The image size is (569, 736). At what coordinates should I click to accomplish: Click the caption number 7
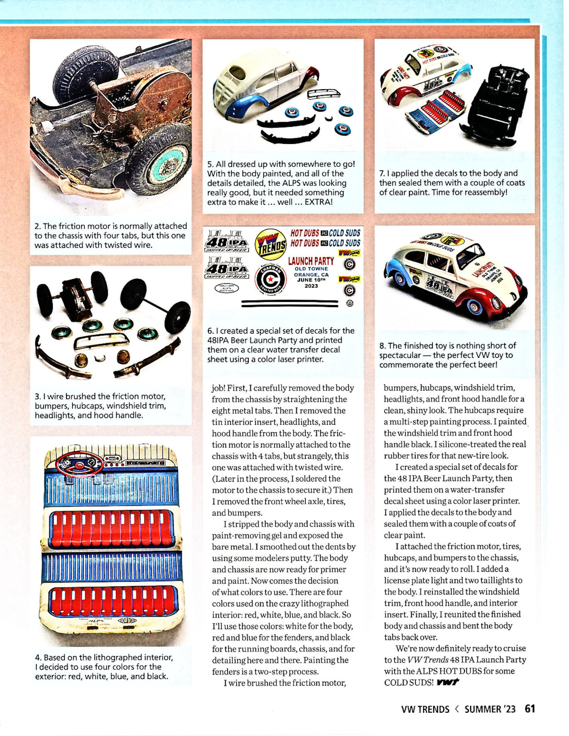click(382, 173)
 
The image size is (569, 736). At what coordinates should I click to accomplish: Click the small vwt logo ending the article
click(448, 682)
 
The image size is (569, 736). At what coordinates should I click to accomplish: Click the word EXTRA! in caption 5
click(318, 202)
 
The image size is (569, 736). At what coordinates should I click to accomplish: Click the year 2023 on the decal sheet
click(311, 286)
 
